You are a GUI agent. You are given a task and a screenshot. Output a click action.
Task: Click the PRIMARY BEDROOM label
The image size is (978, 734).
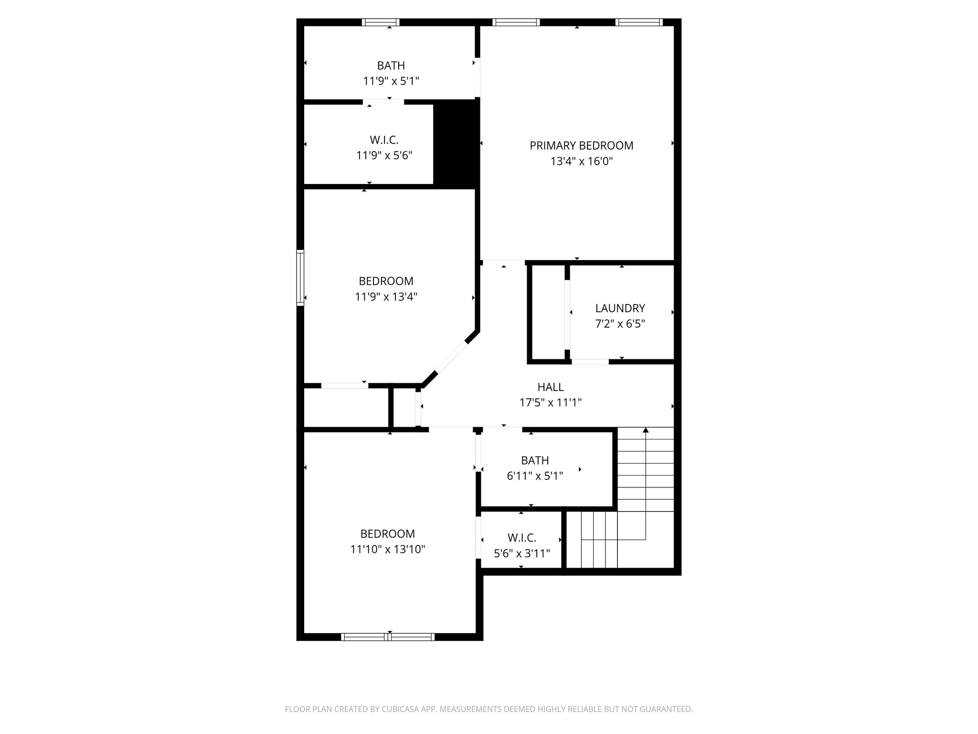[x=581, y=146]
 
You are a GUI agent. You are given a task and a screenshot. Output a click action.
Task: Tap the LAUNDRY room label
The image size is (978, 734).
[x=620, y=308]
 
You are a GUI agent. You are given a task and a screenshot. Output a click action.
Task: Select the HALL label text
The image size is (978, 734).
[x=550, y=387]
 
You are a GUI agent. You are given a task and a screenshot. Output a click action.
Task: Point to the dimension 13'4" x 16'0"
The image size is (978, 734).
[x=581, y=162]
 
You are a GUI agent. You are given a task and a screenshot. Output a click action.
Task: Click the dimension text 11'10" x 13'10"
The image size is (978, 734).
[x=388, y=550]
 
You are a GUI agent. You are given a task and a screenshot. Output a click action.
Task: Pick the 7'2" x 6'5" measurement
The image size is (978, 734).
[x=620, y=324]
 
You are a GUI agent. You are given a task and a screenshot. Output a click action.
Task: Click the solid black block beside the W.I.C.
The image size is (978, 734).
[x=456, y=144]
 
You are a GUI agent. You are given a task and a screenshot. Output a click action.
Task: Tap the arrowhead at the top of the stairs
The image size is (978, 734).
[x=646, y=430]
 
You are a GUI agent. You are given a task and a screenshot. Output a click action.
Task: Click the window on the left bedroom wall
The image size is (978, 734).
[x=300, y=278]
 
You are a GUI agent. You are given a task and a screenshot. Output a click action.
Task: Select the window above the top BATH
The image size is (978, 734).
[x=380, y=22]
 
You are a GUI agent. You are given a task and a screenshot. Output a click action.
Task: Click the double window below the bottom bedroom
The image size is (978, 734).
[x=388, y=637]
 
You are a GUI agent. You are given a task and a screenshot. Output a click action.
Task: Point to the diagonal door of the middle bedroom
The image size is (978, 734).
[x=451, y=357]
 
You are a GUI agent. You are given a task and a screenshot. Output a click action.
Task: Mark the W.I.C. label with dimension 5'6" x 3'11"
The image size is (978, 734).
[x=521, y=538]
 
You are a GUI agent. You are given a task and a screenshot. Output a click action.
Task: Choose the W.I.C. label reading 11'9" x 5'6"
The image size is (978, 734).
[x=384, y=140]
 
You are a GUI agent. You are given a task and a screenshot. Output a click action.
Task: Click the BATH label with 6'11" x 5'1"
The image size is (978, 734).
[x=534, y=460]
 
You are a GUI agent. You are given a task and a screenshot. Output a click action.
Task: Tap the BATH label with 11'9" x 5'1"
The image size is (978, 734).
[x=391, y=65]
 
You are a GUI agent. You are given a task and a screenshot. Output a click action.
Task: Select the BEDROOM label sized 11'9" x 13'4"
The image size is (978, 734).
[x=386, y=281]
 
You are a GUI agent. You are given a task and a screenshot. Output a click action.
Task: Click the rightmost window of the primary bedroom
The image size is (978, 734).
[x=639, y=22]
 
